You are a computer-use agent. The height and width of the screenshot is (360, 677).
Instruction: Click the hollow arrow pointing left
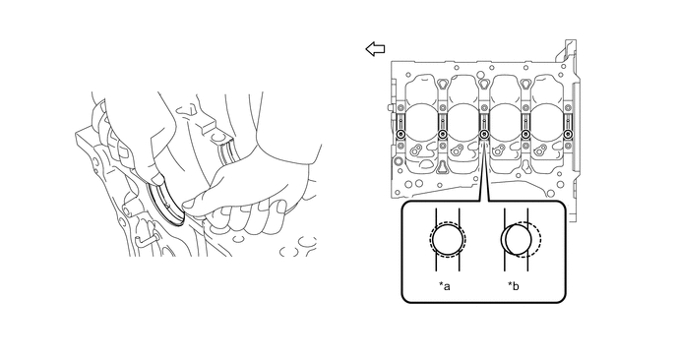click(x=375, y=49)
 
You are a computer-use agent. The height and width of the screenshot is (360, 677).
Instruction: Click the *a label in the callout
click(x=445, y=286)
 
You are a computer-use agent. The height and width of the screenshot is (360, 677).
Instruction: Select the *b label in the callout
click(x=514, y=286)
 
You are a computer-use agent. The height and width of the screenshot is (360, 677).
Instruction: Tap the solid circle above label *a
click(x=448, y=239)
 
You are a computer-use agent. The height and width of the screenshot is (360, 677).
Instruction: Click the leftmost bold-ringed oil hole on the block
click(x=400, y=134)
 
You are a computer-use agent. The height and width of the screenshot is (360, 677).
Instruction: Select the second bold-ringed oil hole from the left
click(x=443, y=134)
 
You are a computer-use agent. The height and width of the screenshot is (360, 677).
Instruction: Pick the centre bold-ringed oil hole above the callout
click(x=484, y=134)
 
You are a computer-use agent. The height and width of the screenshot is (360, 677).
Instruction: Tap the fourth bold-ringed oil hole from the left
click(x=525, y=134)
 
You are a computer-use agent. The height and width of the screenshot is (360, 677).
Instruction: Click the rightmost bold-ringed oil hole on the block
click(x=567, y=134)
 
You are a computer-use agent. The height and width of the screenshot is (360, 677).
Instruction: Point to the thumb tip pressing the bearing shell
click(x=157, y=179)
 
